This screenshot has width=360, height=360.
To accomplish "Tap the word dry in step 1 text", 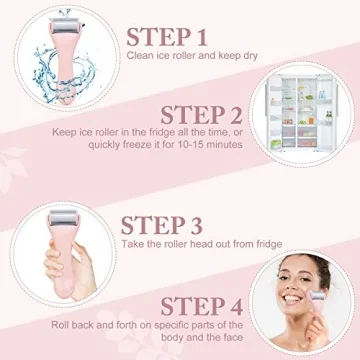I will (x=249, y=56).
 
